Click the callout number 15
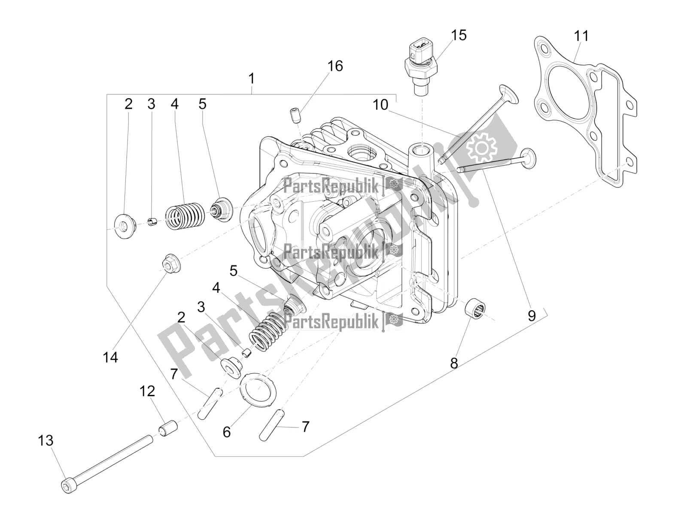tap(459, 35)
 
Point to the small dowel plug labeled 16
tap(295, 115)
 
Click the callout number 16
tap(335, 66)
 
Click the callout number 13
tap(46, 440)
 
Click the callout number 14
tap(110, 357)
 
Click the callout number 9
tap(532, 316)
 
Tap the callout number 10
tap(380, 105)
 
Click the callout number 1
tap(251, 79)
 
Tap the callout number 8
tap(454, 363)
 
